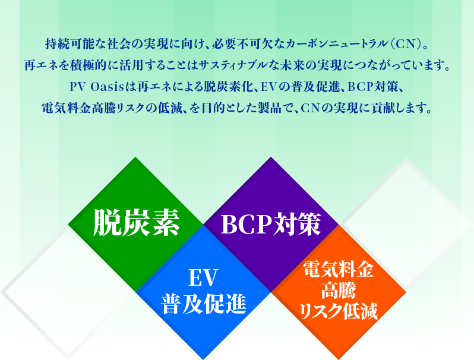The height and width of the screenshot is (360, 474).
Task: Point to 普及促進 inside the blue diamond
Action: [203, 304]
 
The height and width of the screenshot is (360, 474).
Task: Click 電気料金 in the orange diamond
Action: [338, 270]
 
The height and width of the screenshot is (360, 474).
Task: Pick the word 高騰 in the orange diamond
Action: [338, 290]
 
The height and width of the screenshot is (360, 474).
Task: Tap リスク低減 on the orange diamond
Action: [339, 311]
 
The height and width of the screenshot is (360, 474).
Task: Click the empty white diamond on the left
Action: [59, 291]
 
